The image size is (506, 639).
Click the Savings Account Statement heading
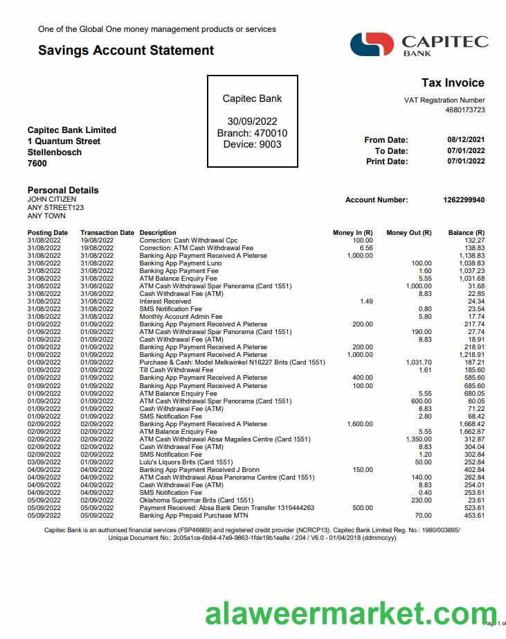(126, 50)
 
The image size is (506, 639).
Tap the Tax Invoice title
(453, 83)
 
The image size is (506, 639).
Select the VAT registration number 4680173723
(464, 110)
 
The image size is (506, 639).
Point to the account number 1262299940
(464, 200)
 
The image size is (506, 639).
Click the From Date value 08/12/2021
(466, 140)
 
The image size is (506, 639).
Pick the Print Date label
(387, 161)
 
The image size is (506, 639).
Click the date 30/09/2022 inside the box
(252, 122)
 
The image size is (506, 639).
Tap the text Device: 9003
(252, 144)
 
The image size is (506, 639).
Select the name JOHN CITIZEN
(52, 200)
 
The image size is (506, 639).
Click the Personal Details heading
(63, 190)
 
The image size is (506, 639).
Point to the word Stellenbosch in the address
(55, 152)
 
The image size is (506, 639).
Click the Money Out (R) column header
(408, 233)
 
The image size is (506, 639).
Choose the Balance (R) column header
(466, 233)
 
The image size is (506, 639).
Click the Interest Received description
(165, 301)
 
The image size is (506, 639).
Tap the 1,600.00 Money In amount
(359, 423)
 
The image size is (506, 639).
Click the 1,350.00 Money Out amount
(418, 439)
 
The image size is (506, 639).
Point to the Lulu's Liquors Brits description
(186, 462)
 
